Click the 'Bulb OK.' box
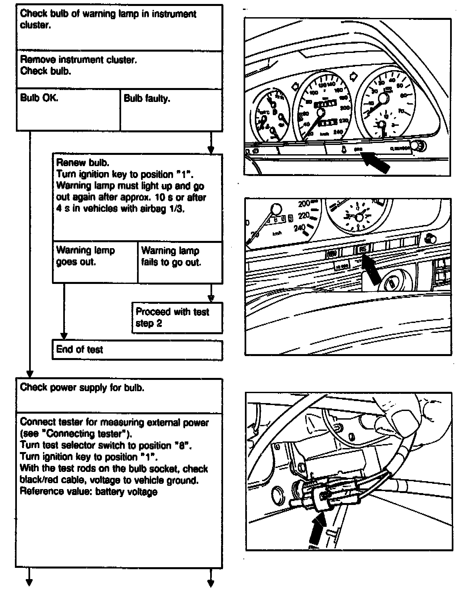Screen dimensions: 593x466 (68, 110)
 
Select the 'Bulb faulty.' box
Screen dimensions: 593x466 (171, 110)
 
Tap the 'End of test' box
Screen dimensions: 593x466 (137, 350)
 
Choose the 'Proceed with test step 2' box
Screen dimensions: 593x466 (177, 318)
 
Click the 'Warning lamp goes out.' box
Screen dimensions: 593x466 (95, 262)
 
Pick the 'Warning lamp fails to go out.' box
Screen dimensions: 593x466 (180, 262)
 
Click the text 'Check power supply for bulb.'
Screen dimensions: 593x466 (82, 388)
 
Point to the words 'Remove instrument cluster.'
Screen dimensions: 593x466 (78, 60)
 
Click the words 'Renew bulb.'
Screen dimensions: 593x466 (83, 163)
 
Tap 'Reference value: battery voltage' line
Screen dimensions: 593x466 (89, 491)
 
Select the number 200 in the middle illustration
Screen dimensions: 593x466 (304, 204)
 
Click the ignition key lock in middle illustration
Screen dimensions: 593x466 (392, 283)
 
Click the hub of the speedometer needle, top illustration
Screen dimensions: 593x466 (320, 113)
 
